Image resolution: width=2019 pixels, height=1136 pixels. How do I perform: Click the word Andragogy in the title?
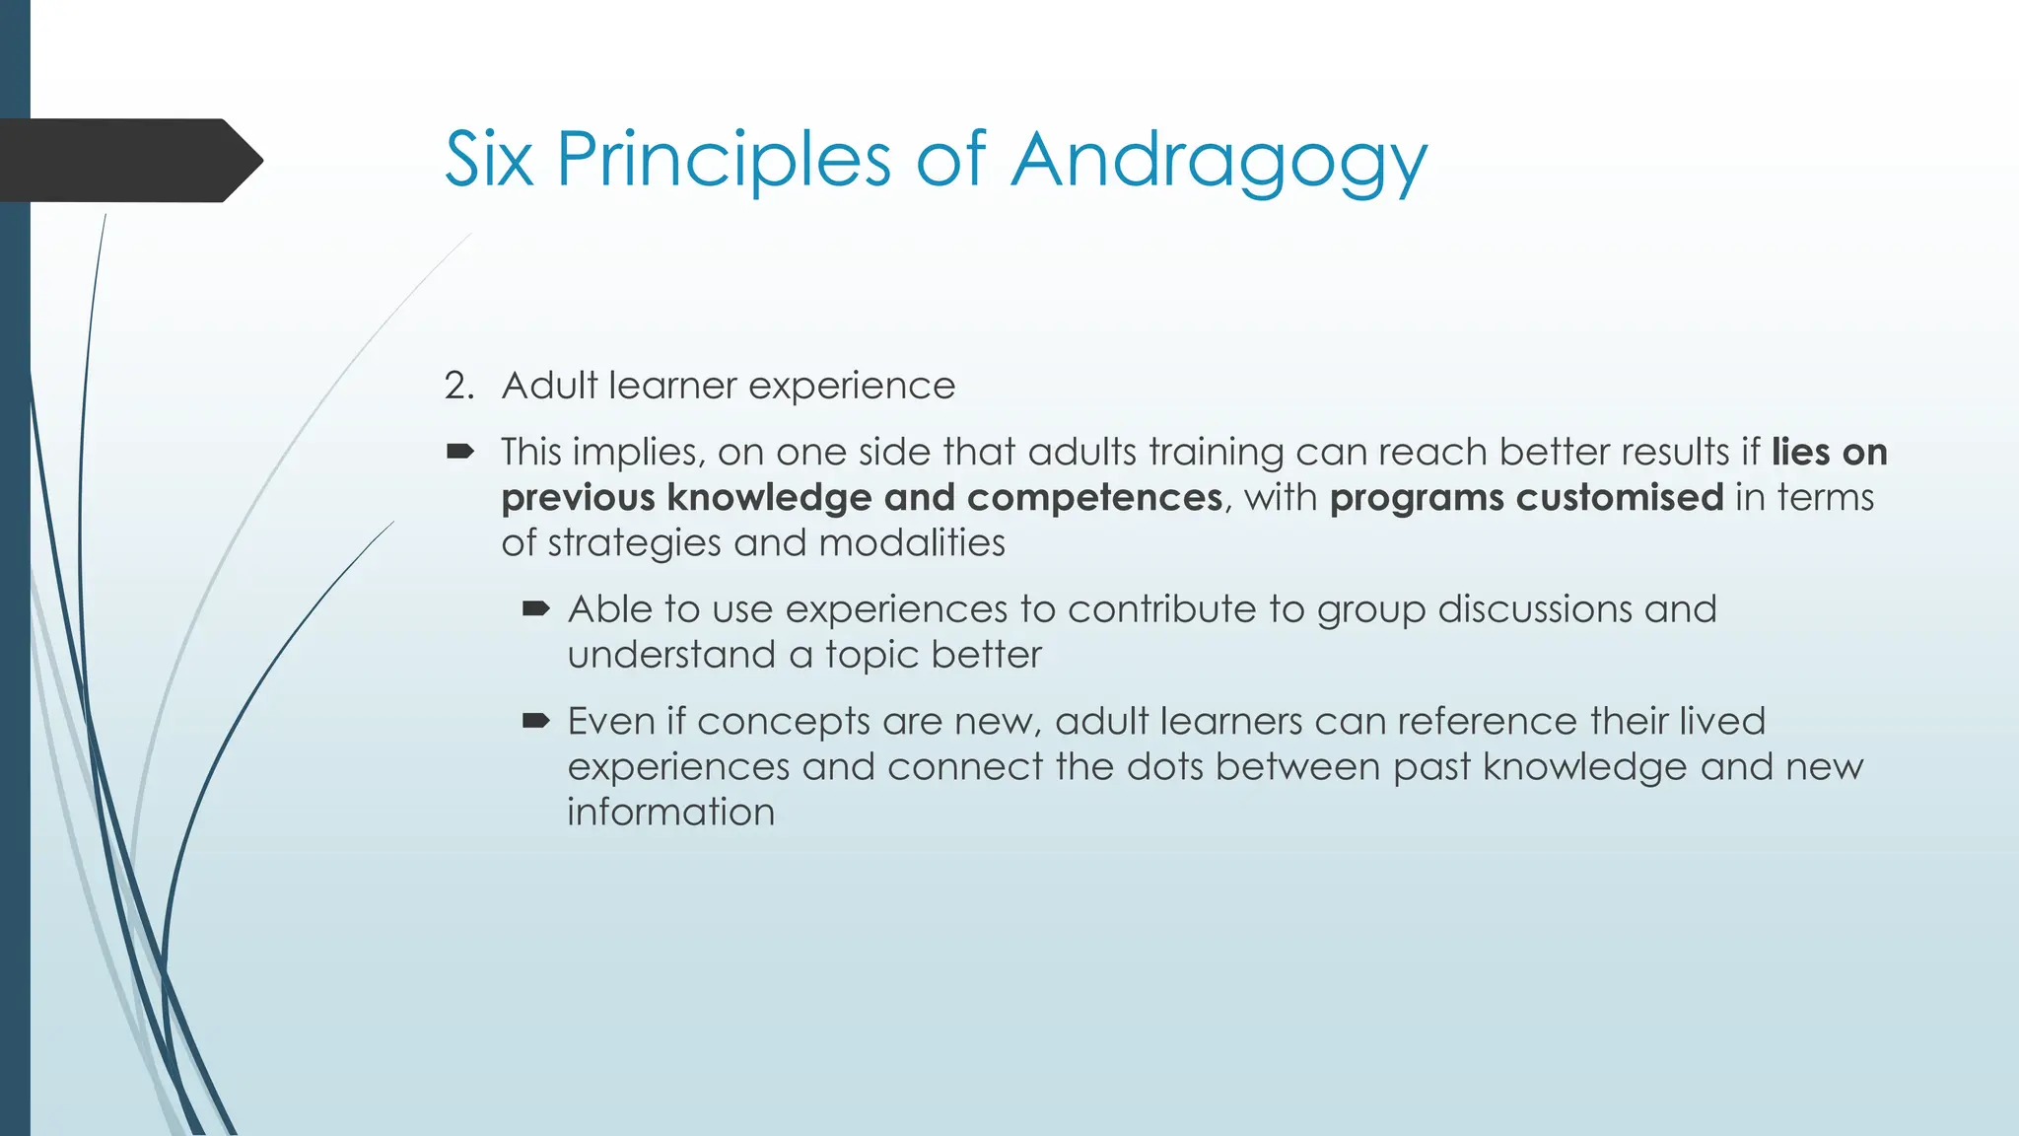pyautogui.click(x=1218, y=160)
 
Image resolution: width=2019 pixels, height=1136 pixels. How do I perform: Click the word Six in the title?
pyautogui.click(x=489, y=160)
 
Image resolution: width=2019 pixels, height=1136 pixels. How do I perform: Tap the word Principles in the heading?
pyautogui.click(x=724, y=160)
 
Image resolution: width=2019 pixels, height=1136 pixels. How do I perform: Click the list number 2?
pyautogui.click(x=458, y=386)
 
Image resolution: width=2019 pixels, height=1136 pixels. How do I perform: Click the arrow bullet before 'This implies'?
pyautogui.click(x=460, y=453)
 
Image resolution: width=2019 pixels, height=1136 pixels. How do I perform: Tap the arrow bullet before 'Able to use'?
pyautogui.click(x=535, y=609)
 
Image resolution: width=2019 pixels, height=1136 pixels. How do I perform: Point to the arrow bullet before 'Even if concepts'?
pyautogui.click(x=535, y=722)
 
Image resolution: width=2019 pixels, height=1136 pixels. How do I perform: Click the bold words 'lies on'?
pyautogui.click(x=1829, y=453)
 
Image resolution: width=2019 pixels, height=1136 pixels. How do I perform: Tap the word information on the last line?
pyautogui.click(x=670, y=813)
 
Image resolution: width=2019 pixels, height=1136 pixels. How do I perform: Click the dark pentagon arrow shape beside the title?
pyautogui.click(x=128, y=161)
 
